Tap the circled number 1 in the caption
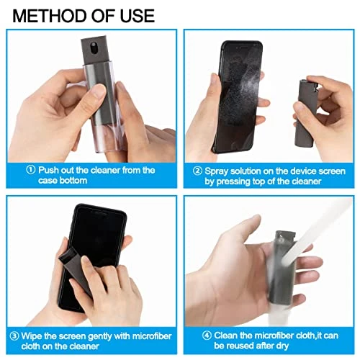(x=31, y=171)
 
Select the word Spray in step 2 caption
(x=219, y=171)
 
